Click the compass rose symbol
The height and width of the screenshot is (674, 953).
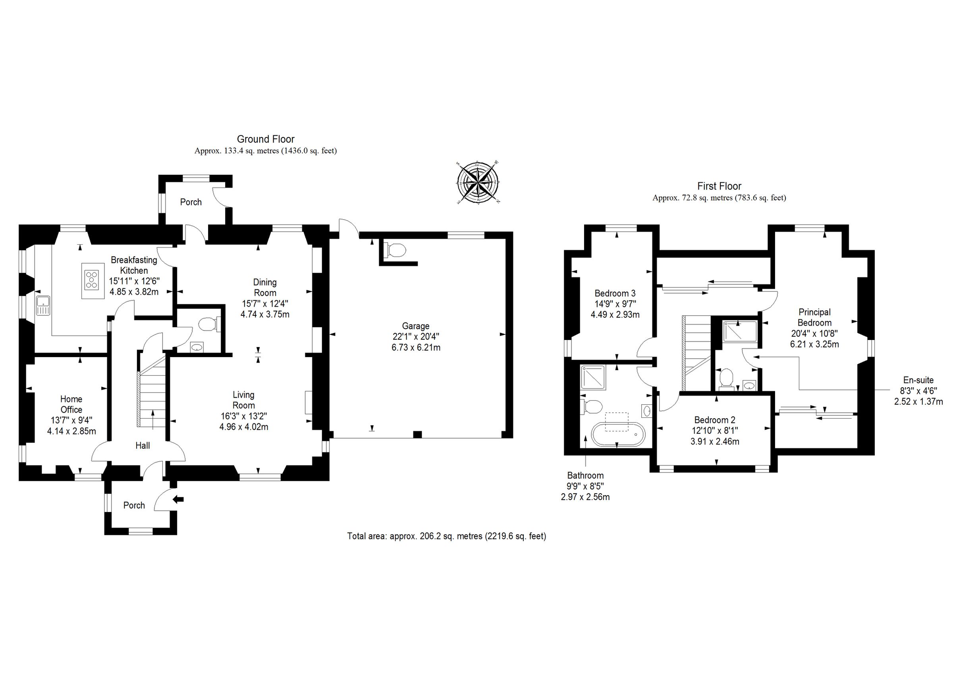click(x=478, y=183)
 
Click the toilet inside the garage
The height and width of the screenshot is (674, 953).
click(x=395, y=250)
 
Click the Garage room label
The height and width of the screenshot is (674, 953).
click(x=415, y=326)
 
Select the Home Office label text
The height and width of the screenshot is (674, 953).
click(x=71, y=404)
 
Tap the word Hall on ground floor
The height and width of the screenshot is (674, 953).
click(x=143, y=446)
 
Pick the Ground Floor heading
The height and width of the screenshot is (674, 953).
click(x=266, y=139)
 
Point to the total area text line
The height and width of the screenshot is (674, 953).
click(x=447, y=536)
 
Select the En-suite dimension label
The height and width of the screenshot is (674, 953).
click(x=918, y=391)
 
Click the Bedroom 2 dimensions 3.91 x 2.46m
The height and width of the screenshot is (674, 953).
click(x=715, y=441)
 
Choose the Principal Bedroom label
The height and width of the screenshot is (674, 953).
click(x=814, y=317)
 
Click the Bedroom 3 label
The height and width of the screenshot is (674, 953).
click(x=615, y=293)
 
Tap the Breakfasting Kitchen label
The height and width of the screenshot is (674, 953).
click(x=134, y=265)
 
